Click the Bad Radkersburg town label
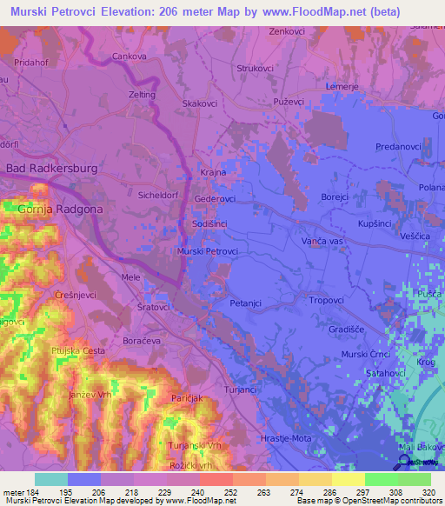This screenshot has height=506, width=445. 51,168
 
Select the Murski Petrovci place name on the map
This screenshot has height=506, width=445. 207,251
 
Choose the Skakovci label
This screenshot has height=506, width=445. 200,103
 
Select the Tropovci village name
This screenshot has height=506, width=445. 329,300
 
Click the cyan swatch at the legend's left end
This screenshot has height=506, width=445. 50,479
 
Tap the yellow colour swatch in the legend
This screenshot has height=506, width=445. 349,479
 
